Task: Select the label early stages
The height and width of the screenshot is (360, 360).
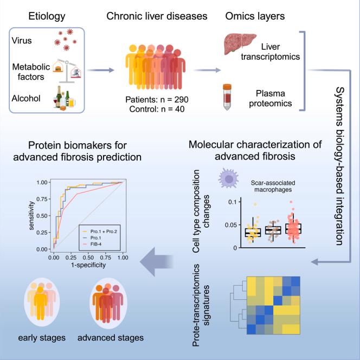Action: point(41,338)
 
